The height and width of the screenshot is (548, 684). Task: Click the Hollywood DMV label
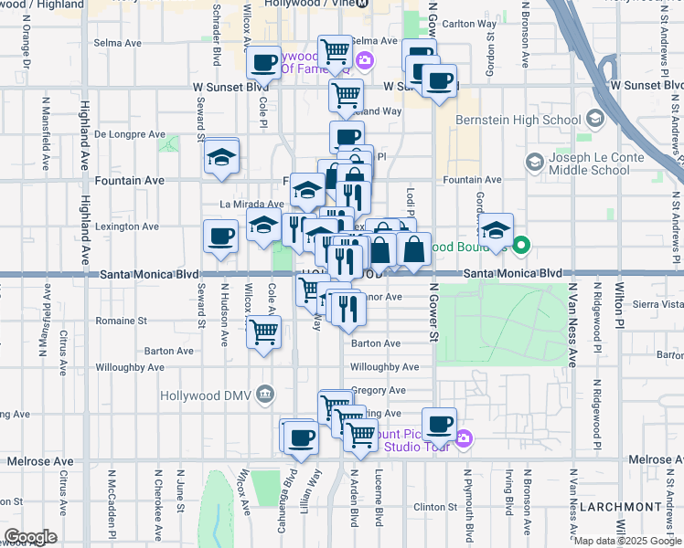point(205,395)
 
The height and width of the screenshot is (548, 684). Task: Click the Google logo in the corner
point(30,536)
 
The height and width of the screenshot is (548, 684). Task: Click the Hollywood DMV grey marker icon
point(265,395)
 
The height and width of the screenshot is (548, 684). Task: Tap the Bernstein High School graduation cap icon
point(595,120)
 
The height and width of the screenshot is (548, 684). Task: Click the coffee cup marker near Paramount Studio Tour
point(440,424)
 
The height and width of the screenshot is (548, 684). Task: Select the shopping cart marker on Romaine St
point(264,332)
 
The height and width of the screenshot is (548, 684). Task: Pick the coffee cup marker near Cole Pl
point(264,63)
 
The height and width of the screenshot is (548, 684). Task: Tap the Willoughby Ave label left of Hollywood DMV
point(126,367)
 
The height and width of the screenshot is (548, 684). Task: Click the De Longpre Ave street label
point(129,134)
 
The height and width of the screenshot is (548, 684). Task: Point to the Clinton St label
point(434,507)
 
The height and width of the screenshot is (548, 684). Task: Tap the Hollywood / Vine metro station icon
point(363,5)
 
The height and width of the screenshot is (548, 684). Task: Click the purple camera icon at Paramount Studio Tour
point(464,439)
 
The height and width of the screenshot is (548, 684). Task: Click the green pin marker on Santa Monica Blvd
point(521,245)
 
